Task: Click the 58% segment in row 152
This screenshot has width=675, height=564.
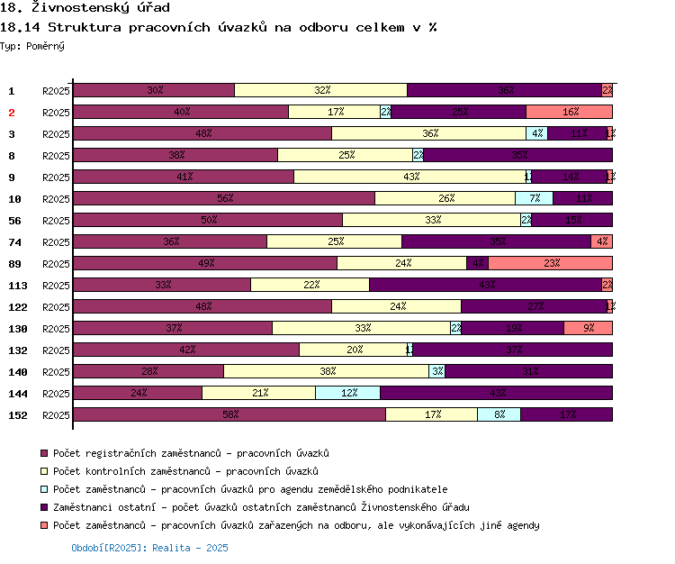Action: point(229,414)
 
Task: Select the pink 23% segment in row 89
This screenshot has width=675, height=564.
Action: point(550,263)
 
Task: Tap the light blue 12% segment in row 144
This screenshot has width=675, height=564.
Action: point(347,393)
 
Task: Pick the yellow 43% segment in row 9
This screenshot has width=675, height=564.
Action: point(409,177)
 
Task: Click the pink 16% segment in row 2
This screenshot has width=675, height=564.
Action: point(569,112)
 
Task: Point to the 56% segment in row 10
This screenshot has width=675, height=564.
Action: point(224,198)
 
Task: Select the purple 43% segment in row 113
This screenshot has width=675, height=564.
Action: point(485,285)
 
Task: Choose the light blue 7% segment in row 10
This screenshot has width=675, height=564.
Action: point(534,198)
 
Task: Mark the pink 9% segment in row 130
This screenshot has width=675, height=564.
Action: point(588,328)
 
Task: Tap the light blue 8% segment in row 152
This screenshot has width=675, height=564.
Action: point(499,414)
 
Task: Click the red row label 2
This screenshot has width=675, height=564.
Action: point(12,113)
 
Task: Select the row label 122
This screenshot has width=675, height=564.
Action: point(18,307)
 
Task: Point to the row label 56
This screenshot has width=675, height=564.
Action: point(15,221)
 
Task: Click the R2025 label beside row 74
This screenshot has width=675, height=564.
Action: point(56,242)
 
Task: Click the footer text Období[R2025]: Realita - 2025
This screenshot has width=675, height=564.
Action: point(149,548)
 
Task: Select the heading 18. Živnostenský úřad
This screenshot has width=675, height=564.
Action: point(85,8)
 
